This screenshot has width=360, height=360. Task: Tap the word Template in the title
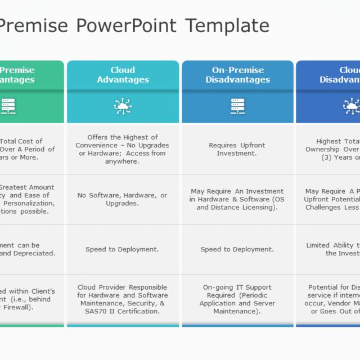227,26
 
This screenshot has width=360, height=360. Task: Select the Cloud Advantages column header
123,75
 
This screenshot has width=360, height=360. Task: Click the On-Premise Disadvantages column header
237,75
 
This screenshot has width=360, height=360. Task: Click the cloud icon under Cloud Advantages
123,106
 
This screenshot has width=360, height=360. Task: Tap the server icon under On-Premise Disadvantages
237,106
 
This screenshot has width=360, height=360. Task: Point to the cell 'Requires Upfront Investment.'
237,149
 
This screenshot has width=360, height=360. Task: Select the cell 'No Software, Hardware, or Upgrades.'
123,199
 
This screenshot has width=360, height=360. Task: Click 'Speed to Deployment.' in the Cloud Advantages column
122,249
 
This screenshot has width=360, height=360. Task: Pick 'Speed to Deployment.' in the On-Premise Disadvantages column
237,249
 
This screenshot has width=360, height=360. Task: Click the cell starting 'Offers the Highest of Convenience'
123,149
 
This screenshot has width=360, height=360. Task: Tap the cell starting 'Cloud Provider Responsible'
123,299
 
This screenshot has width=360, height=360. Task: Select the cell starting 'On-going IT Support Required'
237,299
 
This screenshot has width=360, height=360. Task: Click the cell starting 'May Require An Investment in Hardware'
237,199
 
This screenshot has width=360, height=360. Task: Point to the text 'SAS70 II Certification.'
123,311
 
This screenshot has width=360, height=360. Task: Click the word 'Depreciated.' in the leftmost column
33,253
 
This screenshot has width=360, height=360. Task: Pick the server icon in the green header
8,106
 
